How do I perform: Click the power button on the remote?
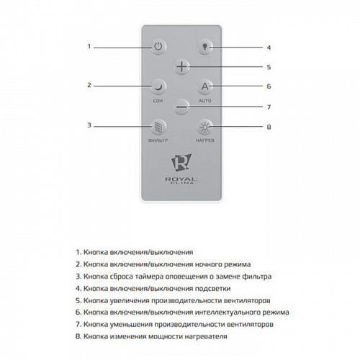pos(158,46)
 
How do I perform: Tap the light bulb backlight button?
pos(204,46)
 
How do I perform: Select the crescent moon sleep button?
pos(158,86)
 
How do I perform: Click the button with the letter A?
pos(204,86)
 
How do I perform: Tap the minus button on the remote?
pos(181,107)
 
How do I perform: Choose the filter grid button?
pos(158,127)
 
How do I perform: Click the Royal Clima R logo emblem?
pos(181,163)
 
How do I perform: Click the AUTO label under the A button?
pos(205,101)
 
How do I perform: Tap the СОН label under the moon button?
pos(158,101)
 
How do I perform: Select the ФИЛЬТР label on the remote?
pos(158,140)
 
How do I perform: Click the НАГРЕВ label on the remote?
pos(205,140)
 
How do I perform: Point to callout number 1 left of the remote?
pos(89,46)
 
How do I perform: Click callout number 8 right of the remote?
pos(269,127)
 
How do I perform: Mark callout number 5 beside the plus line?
pos(269,67)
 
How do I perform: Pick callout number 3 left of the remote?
pos(89,125)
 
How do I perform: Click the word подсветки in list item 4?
pos(212,289)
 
